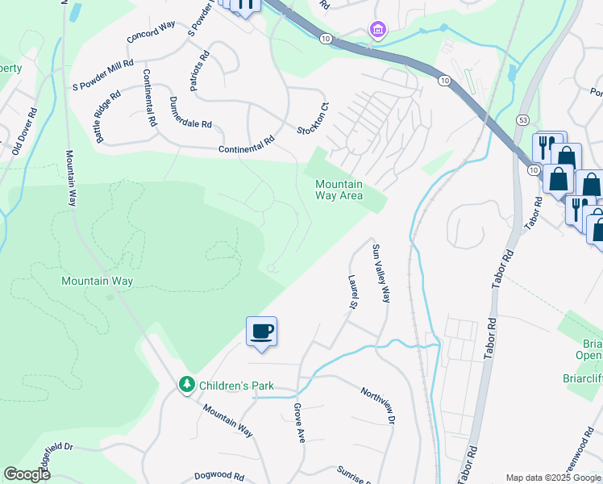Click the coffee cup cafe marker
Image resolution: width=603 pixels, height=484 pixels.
coord(261,331)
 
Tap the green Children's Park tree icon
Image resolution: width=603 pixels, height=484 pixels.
coord(187,385)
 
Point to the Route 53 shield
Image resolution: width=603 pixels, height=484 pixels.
coord(523,120)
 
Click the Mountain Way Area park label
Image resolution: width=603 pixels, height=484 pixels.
coord(339,190)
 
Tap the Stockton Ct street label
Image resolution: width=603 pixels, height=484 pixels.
coord(311,119)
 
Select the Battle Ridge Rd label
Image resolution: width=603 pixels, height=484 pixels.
coord(108,117)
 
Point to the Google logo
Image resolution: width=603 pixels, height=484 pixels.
coord(27,474)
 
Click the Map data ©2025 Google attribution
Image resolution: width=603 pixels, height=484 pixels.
coord(553,478)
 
